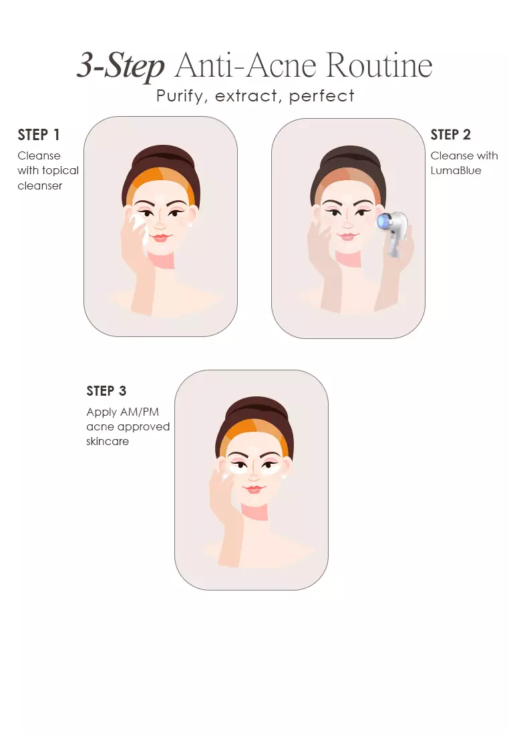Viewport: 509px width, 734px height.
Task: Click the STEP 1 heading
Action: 39,135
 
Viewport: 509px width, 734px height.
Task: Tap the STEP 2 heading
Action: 450,135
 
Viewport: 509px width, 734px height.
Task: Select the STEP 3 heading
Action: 106,391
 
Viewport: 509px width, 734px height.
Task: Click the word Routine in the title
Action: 379,65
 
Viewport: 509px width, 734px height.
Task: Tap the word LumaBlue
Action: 456,170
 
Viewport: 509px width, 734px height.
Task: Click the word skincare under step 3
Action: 108,442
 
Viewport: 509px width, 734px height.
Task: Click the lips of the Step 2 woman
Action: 348,236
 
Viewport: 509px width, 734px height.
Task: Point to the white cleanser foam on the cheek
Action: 139,228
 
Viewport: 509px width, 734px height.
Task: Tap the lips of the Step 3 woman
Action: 254,489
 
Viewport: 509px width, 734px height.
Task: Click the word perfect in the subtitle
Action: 321,97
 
